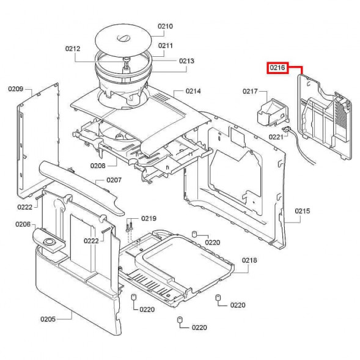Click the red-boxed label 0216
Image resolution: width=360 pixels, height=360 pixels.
click(x=277, y=68)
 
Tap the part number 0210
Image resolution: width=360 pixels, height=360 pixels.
click(x=166, y=26)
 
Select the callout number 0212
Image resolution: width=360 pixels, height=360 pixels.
click(x=73, y=48)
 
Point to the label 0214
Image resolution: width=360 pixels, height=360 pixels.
click(x=193, y=91)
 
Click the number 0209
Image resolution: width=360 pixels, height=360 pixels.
click(x=16, y=89)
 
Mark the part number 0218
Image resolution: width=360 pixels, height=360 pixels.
click(x=249, y=260)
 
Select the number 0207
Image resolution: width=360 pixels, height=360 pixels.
click(x=114, y=180)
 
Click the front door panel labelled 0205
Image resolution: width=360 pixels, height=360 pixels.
click(x=73, y=287)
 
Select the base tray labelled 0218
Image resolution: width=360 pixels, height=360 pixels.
click(x=177, y=263)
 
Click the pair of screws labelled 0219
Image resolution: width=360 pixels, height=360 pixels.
click(x=130, y=226)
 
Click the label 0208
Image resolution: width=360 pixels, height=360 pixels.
click(x=98, y=166)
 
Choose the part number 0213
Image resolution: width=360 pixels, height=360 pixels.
click(x=186, y=61)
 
